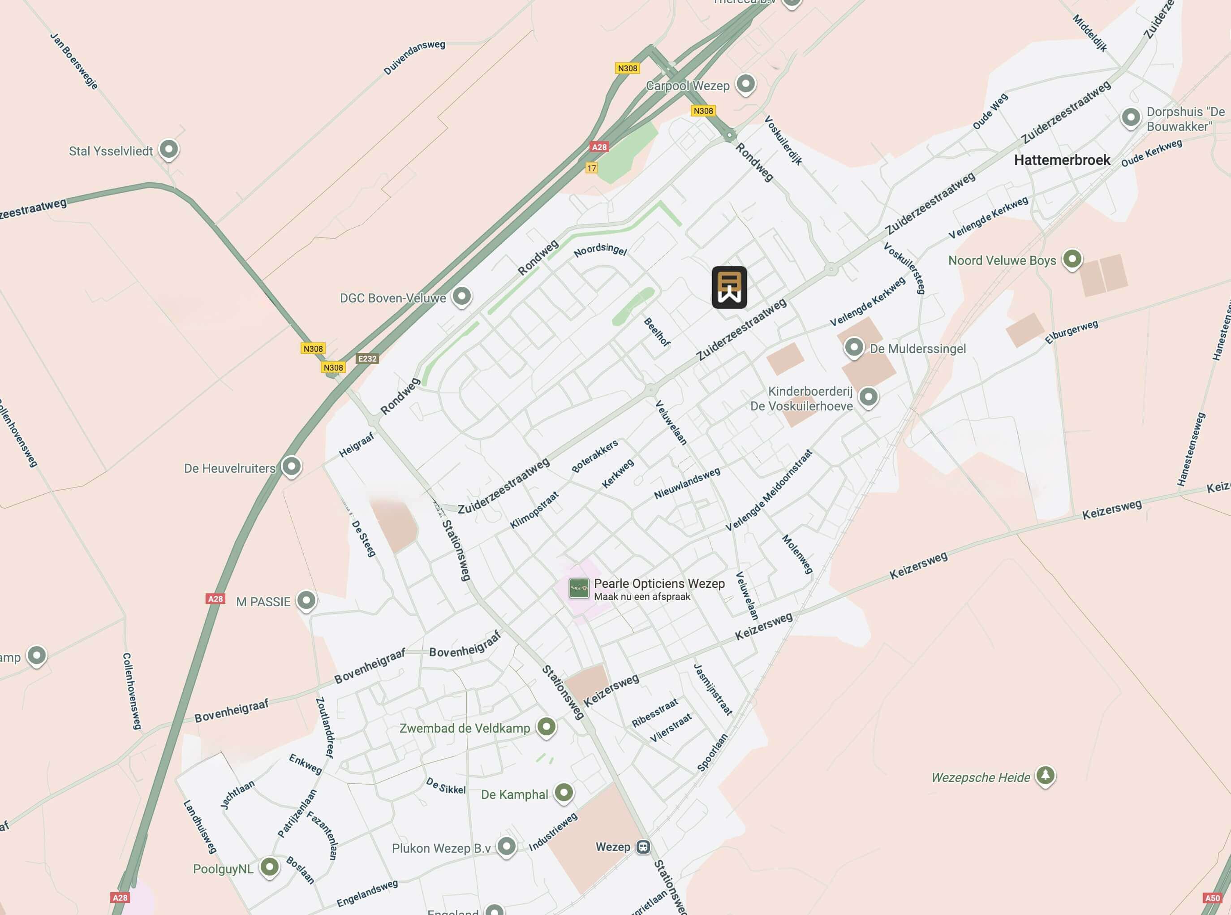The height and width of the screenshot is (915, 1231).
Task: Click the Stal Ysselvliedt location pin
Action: click(x=169, y=149)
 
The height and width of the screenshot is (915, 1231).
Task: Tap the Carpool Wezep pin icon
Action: click(x=745, y=84)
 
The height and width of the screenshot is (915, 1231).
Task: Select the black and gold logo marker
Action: click(x=729, y=288)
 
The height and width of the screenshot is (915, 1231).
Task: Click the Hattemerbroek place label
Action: click(x=1062, y=160)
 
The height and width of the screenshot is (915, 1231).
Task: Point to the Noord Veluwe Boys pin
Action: click(x=1072, y=259)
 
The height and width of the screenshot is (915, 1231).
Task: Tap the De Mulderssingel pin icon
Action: click(x=853, y=347)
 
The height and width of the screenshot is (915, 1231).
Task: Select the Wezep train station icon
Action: click(x=643, y=847)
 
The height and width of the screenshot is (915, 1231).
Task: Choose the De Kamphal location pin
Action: click(x=564, y=792)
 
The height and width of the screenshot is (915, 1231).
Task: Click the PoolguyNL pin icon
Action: click(x=270, y=867)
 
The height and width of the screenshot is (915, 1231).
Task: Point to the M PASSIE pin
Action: click(x=306, y=600)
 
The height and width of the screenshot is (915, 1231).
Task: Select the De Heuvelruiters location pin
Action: click(x=291, y=466)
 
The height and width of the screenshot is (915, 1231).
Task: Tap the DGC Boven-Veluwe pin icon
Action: click(x=461, y=296)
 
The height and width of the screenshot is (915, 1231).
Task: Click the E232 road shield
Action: click(x=367, y=358)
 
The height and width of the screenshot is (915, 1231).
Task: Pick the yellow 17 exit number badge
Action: click(x=591, y=168)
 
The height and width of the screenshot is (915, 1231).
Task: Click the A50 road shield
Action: click(x=1212, y=898)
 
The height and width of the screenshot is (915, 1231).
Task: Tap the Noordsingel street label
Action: click(x=600, y=250)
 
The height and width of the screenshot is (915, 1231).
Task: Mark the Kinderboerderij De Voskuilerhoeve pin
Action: click(x=868, y=397)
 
